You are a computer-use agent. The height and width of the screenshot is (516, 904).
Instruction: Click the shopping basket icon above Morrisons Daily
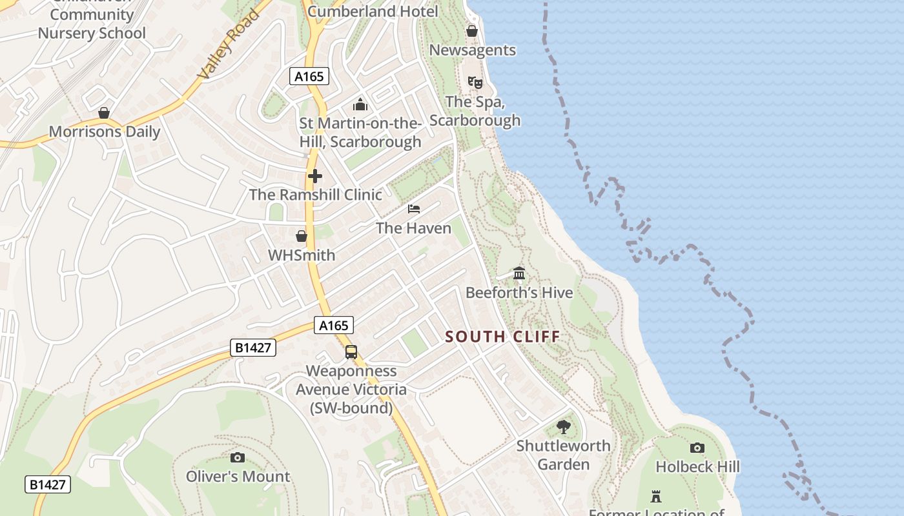(104, 114)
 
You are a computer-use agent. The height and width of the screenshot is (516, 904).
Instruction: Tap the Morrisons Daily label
(105, 132)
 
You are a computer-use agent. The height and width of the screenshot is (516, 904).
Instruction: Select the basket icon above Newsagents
(472, 31)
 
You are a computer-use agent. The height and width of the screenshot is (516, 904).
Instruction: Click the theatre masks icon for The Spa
(475, 83)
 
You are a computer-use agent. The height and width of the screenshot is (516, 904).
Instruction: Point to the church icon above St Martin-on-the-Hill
(360, 104)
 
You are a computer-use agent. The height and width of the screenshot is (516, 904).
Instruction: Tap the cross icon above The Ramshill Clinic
(315, 175)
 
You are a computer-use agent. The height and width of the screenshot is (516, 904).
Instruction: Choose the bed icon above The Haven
(414, 209)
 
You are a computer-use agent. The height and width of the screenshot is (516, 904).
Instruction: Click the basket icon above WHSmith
(302, 236)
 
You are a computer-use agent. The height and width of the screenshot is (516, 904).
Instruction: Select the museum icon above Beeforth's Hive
(519, 273)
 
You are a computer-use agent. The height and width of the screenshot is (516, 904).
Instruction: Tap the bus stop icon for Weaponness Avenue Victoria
(351, 352)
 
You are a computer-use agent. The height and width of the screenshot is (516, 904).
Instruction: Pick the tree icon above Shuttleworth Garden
(564, 426)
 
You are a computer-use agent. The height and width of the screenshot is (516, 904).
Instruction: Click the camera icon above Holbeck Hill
(697, 448)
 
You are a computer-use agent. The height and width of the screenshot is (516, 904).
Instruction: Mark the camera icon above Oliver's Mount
(238, 457)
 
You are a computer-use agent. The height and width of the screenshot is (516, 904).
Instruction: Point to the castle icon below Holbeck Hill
(656, 497)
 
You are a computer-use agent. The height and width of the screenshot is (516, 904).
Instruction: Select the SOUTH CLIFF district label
(502, 337)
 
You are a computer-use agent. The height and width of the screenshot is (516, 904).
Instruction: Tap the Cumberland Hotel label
(373, 11)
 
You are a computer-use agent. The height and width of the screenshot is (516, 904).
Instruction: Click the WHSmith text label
(302, 255)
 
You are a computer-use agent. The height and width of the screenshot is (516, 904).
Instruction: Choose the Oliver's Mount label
(238, 477)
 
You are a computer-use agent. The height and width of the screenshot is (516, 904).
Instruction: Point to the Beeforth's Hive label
(519, 293)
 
